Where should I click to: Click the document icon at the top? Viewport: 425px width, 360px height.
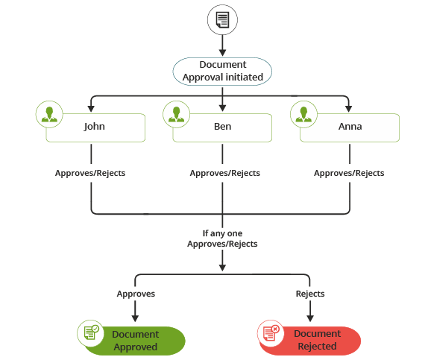point(222,21)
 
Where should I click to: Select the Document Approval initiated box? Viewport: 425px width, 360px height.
point(222,70)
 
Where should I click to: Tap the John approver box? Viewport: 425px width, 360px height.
point(95,127)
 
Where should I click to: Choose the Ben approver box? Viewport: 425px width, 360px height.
point(222,127)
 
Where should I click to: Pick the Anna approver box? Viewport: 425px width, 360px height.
point(350,127)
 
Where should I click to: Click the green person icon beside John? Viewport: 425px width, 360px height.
point(49,114)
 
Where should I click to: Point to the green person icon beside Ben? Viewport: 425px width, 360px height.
point(177,114)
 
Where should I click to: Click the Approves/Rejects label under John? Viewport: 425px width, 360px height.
point(90,173)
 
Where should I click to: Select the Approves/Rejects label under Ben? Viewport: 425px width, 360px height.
point(224,173)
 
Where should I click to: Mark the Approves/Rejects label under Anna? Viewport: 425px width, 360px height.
point(349,173)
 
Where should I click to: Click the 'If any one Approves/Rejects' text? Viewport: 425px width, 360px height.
point(222,239)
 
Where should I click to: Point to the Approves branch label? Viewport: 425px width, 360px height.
point(136,294)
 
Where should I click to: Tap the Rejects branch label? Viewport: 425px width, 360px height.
point(310,294)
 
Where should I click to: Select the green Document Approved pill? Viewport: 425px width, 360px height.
point(135,340)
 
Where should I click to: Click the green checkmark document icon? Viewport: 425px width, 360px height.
point(91,332)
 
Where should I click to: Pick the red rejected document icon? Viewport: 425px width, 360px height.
point(271,332)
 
